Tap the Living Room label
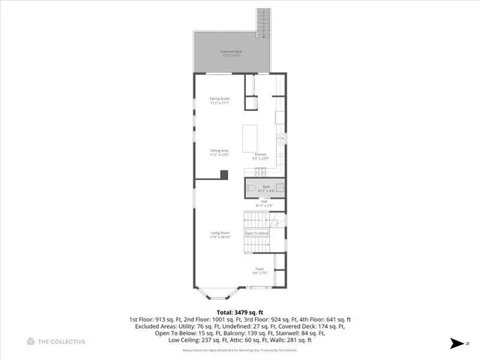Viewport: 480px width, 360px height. coord(220,235)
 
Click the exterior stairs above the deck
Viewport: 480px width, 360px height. coord(262,22)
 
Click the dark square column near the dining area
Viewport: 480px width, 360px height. coord(223,175)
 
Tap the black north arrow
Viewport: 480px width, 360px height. coord(455,343)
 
